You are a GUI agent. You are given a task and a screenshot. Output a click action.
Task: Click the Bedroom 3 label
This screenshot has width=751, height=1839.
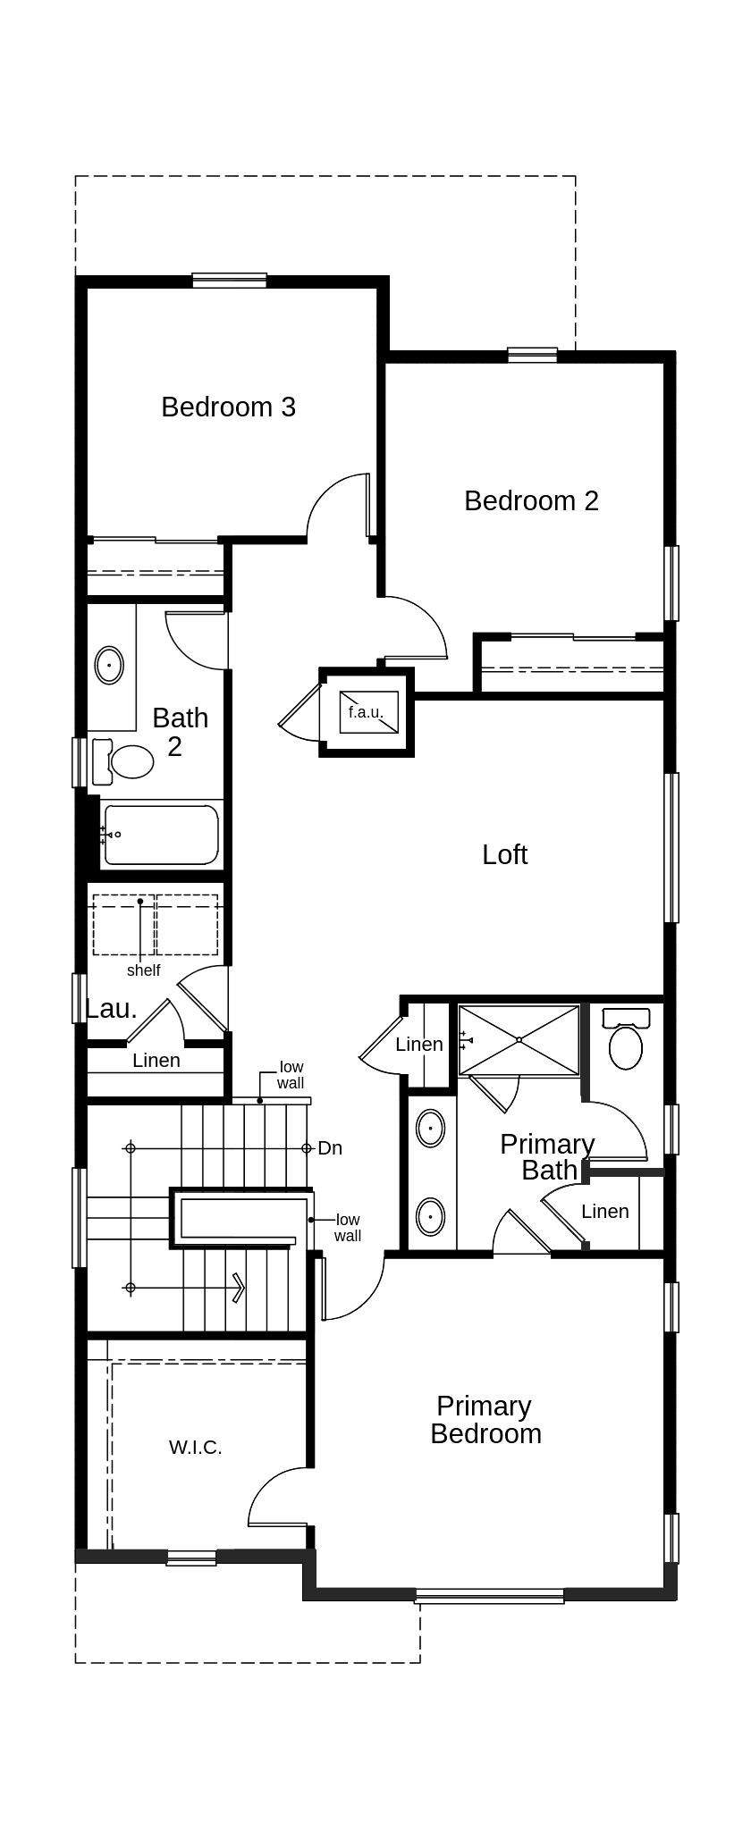click(x=228, y=407)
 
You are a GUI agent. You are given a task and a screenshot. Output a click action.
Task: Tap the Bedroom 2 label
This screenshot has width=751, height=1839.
click(x=531, y=500)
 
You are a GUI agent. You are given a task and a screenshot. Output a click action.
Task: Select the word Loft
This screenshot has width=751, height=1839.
click(x=504, y=854)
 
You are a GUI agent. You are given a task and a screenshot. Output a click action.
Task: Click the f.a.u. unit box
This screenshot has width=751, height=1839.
click(x=368, y=712)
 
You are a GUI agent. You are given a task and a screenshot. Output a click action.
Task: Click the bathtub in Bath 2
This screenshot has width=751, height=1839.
click(x=161, y=835)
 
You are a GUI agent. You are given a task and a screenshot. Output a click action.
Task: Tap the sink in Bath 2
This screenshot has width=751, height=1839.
click(x=109, y=665)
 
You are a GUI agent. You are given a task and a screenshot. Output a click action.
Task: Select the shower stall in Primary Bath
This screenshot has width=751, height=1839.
click(x=519, y=1040)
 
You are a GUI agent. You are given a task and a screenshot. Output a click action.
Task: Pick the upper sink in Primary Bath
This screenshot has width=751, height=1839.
click(x=431, y=1129)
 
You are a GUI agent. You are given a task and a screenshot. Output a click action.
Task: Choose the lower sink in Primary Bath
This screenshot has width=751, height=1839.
click(x=431, y=1216)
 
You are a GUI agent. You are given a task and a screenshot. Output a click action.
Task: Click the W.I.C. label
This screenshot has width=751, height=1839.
click(x=196, y=1448)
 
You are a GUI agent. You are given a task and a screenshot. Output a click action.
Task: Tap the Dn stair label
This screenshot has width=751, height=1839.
click(x=330, y=1148)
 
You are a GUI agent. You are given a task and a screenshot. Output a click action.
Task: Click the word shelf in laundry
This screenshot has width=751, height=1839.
click(x=143, y=970)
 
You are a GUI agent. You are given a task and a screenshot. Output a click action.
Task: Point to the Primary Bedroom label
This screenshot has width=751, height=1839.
click(x=485, y=1420)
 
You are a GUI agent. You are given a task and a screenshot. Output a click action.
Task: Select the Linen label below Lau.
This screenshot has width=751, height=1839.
click(x=156, y=1061)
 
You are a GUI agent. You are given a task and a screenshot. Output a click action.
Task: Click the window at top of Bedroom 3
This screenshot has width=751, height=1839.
click(x=230, y=280)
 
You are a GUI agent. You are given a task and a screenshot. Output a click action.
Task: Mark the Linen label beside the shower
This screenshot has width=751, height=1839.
click(x=419, y=1044)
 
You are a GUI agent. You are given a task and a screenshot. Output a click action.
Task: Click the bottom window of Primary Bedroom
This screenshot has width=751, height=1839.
click(x=490, y=1596)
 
